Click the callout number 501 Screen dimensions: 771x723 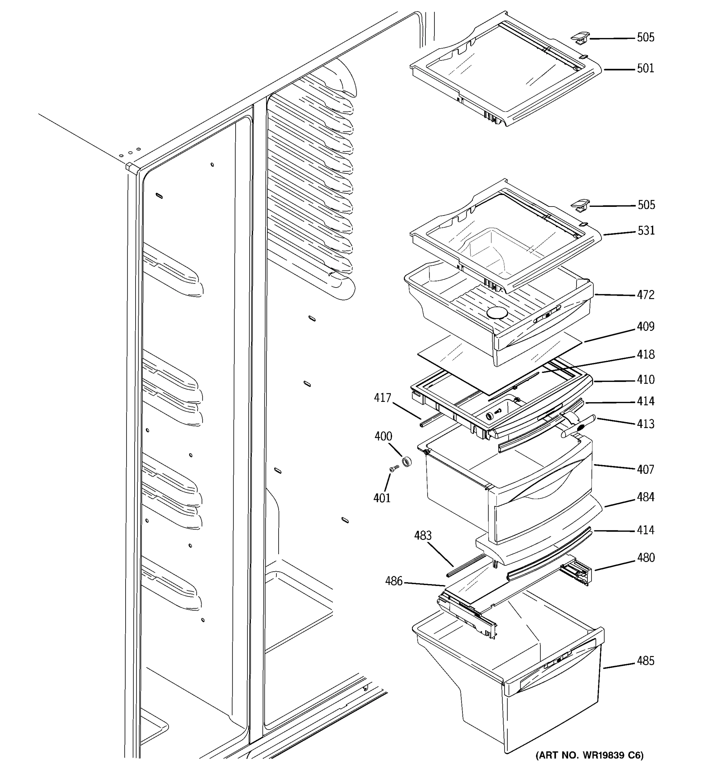(646, 69)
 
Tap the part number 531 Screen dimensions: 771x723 (646, 231)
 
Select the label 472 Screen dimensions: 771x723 (646, 295)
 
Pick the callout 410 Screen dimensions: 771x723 (646, 380)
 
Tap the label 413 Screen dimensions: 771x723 (646, 424)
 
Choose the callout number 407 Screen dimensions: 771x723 (646, 470)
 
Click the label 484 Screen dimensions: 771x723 (646, 497)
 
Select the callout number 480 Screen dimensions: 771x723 (646, 558)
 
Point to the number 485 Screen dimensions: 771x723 (646, 661)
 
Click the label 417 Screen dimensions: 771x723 (382, 398)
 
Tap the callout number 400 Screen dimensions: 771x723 (383, 436)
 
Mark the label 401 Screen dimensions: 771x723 (382, 498)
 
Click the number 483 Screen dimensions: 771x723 (423, 536)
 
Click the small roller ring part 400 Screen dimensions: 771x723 (406, 462)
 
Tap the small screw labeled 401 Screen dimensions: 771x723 (394, 469)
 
